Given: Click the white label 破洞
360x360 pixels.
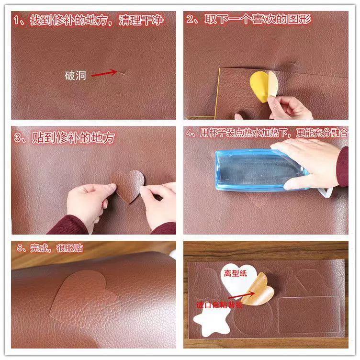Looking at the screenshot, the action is (75, 76).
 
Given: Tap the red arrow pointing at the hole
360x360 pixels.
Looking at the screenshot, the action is (104, 73).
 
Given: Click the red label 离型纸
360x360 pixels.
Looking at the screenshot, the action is (236, 273).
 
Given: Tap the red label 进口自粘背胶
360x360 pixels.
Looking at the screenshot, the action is (219, 304).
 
